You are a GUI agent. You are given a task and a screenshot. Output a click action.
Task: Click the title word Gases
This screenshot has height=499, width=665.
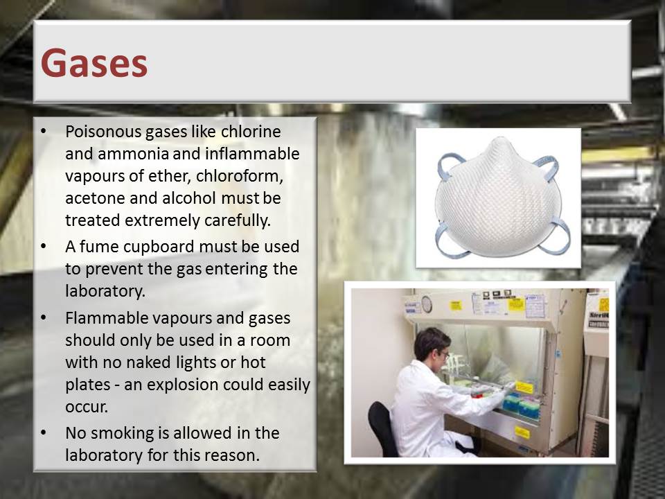click(x=94, y=63)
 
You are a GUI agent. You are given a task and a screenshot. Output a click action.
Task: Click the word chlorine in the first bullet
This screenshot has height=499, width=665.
click(x=251, y=132)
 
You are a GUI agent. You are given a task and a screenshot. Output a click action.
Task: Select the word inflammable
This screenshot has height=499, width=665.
click(x=252, y=154)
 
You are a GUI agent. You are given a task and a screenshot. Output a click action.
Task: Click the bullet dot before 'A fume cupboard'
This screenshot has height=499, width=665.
click(x=44, y=247)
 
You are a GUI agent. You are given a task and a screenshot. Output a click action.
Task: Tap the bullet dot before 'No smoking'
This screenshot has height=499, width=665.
click(x=44, y=432)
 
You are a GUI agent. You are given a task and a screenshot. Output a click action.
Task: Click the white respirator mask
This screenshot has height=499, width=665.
click(x=498, y=198)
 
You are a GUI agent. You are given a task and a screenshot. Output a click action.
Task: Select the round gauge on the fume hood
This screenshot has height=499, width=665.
click(x=427, y=304)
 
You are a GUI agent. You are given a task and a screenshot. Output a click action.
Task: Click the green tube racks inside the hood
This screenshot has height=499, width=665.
click(x=521, y=405)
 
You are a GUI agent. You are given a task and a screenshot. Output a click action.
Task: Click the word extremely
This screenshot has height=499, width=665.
click(x=163, y=220)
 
